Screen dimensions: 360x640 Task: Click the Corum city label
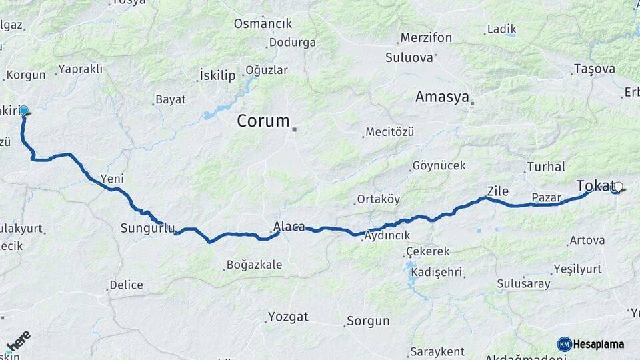pos(264,121)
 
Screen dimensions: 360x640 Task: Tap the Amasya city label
pos(442,97)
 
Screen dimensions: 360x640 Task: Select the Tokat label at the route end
pos(595,185)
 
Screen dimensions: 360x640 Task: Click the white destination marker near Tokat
pos(618,187)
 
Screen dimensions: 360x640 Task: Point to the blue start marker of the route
pos(24,110)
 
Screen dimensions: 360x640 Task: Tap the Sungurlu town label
pos(147,229)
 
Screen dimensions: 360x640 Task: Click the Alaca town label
pos(289,227)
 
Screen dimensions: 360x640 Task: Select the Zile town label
pos(497,191)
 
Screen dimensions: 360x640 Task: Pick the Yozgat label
pos(289,316)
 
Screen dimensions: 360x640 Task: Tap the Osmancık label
pos(263,24)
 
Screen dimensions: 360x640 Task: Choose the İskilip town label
pos(217,75)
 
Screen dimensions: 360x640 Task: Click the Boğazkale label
pos(254,265)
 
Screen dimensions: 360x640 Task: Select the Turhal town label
pos(546,167)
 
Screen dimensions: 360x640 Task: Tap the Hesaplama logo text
pos(599,344)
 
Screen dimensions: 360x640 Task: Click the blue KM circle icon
pos(564,344)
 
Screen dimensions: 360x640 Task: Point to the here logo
pos(18,340)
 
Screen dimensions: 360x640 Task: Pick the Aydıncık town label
pos(387,235)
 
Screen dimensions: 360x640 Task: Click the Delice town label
pos(127,285)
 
